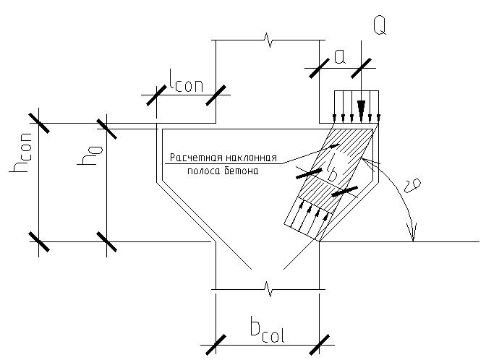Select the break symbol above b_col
click(x=268, y=290)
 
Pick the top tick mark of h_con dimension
click(x=39, y=123)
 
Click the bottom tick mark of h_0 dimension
click(x=106, y=241)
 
